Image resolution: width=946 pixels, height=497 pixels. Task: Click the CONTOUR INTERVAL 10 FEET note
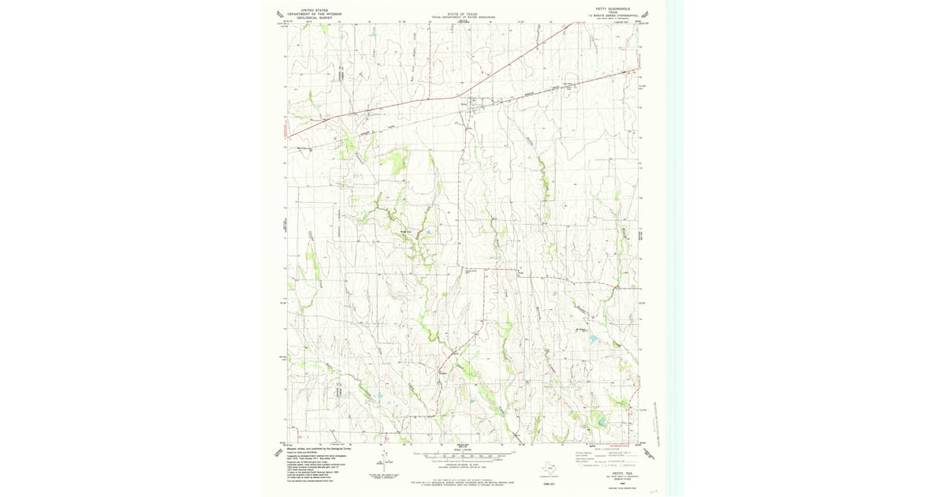coord(466,465)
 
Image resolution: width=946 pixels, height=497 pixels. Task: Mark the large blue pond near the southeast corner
coord(601,421)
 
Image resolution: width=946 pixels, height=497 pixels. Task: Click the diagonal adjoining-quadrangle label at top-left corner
coord(278,13)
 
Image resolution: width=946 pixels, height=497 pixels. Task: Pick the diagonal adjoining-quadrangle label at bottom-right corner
coord(650,454)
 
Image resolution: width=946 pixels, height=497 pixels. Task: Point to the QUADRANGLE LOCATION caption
coord(549,478)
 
